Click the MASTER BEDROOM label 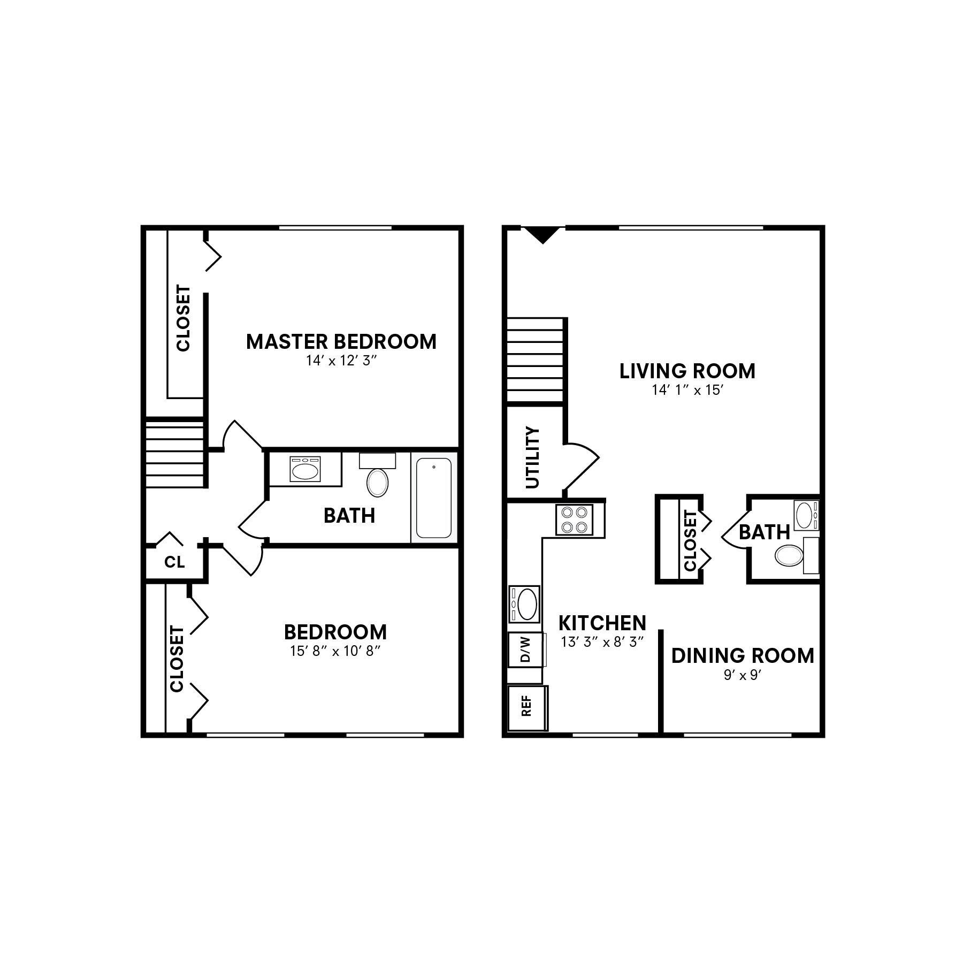tap(341, 341)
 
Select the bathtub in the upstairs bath tap(433, 498)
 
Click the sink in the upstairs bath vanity tap(305, 470)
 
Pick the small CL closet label tap(174, 562)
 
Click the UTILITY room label tap(533, 457)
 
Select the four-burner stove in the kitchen tap(574, 519)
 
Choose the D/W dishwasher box tap(525, 649)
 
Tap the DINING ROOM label tap(742, 655)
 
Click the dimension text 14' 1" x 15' tap(687, 390)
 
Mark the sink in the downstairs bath tap(805, 515)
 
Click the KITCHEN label tap(602, 623)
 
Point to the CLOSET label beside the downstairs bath tap(690, 540)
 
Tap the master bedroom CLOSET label tap(183, 318)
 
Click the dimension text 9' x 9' tap(742, 675)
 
